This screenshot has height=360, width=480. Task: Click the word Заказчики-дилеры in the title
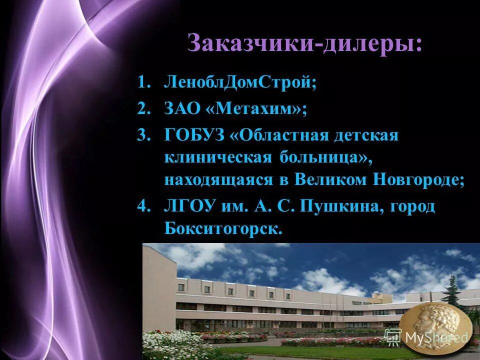(x=304, y=43)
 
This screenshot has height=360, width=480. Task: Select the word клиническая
(x=216, y=158)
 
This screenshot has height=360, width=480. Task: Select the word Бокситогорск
(x=223, y=228)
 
